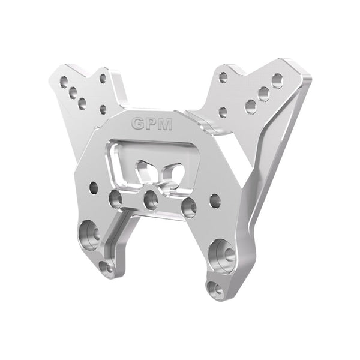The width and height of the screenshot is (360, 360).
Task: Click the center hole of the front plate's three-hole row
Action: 151,200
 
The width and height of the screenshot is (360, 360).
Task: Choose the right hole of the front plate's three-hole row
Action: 188,206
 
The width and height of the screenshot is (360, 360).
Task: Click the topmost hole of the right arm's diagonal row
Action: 277,80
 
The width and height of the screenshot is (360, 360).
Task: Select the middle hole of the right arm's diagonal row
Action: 263,94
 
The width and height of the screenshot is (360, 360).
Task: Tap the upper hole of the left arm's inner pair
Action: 103,78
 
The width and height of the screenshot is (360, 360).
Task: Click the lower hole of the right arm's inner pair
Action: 223,111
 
